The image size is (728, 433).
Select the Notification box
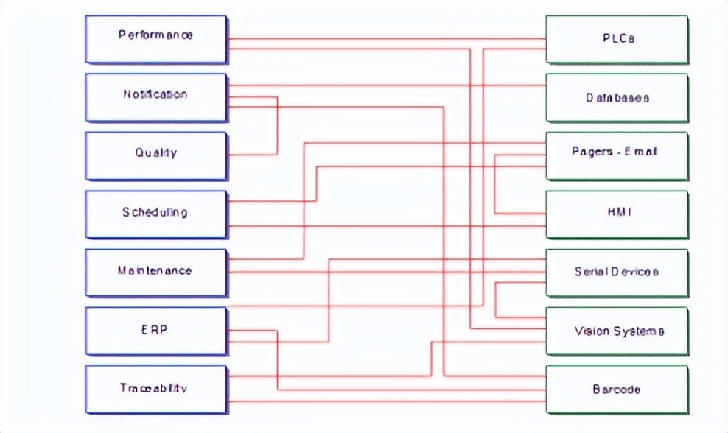[x=155, y=96]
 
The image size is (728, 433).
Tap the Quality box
[x=155, y=155]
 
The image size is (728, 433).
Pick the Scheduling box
[x=155, y=214]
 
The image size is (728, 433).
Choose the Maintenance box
[x=155, y=272]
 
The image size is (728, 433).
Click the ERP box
[x=155, y=331]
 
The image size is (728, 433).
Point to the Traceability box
[x=155, y=389]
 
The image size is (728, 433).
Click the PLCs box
[x=617, y=38]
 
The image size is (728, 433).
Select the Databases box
[x=617, y=97]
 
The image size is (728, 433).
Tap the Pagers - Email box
[x=617, y=155]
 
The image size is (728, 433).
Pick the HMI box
[x=617, y=214]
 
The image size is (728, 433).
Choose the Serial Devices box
[x=617, y=272]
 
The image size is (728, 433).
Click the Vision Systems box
[x=617, y=331]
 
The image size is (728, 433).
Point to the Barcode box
[x=617, y=390]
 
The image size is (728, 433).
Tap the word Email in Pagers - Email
[x=641, y=152]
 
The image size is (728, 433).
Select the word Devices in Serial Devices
[x=634, y=272]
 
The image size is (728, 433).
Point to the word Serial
[x=591, y=272]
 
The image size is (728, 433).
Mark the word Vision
[x=591, y=331]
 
